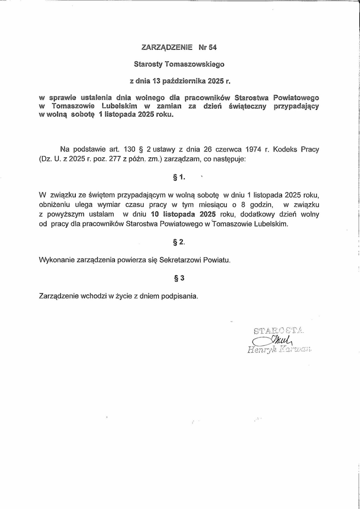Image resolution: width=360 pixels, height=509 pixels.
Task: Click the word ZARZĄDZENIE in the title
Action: pos(167,47)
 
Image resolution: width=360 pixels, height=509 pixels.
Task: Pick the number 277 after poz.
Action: pos(115,159)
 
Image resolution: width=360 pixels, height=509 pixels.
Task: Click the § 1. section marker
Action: pos(179,178)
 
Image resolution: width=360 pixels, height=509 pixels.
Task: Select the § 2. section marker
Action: pos(179,242)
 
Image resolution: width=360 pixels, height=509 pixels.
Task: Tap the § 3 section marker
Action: pos(179,278)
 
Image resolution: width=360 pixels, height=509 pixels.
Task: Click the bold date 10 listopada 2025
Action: pos(184,214)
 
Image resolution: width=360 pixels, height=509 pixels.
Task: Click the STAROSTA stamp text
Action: pos(278,331)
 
